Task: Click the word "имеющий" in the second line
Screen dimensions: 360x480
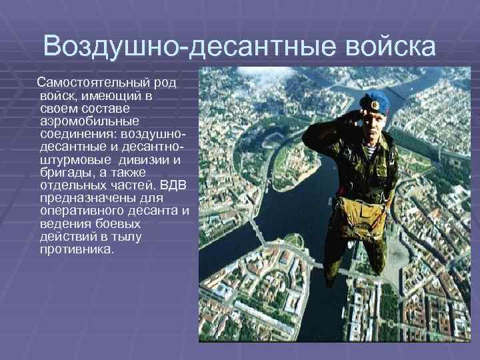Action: coord(107,96)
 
